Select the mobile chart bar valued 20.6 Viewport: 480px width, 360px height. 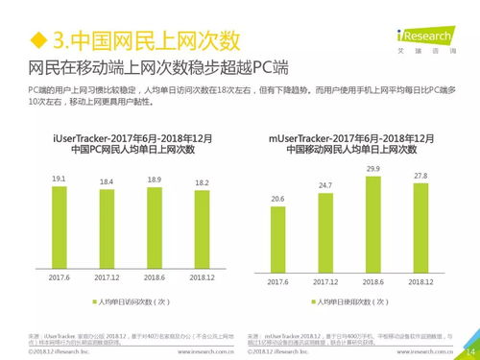277,240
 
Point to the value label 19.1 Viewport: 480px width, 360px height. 58,180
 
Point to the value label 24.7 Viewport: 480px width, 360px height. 325,185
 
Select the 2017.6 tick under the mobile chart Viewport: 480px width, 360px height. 277,282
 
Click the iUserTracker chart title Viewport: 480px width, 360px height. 132,145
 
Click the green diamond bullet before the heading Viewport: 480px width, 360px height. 38,41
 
